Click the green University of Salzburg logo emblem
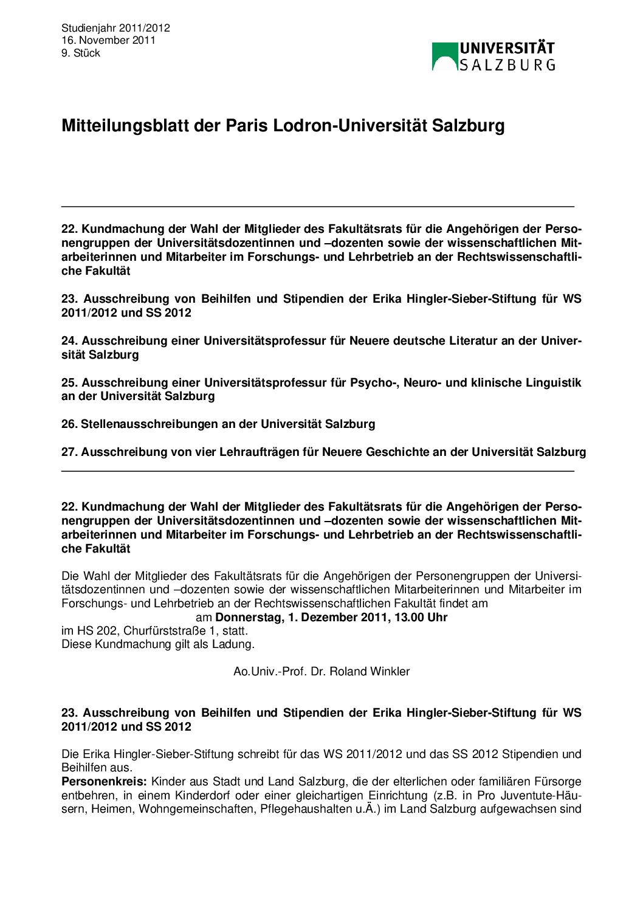tap(445, 56)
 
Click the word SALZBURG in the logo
tap(507, 64)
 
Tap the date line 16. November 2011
tap(108, 40)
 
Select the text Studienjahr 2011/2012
tap(115, 28)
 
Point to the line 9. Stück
tap(81, 53)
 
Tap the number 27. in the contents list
tap(69, 452)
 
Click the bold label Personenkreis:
tap(104, 781)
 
